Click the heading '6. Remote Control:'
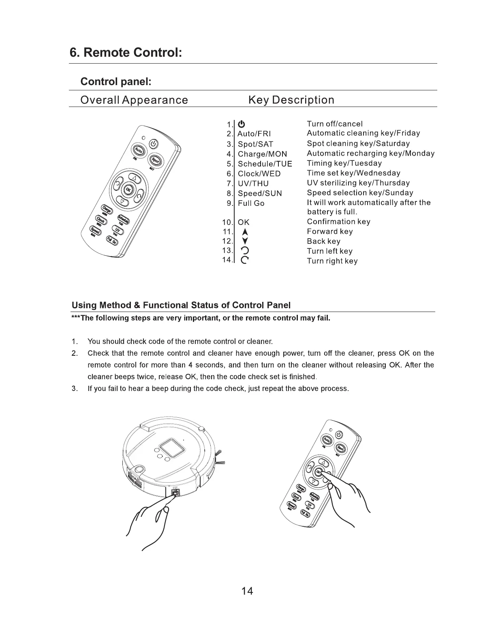[126, 53]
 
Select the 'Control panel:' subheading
[116, 81]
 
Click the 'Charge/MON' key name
[262, 154]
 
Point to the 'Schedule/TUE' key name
[265, 164]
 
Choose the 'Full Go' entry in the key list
[251, 203]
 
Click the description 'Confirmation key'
[338, 222]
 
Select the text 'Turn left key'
[329, 251]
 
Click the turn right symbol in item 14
[244, 261]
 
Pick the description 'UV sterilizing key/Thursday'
[358, 183]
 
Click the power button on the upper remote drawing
[153, 143]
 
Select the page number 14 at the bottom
[247, 591]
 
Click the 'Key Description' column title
[291, 100]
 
